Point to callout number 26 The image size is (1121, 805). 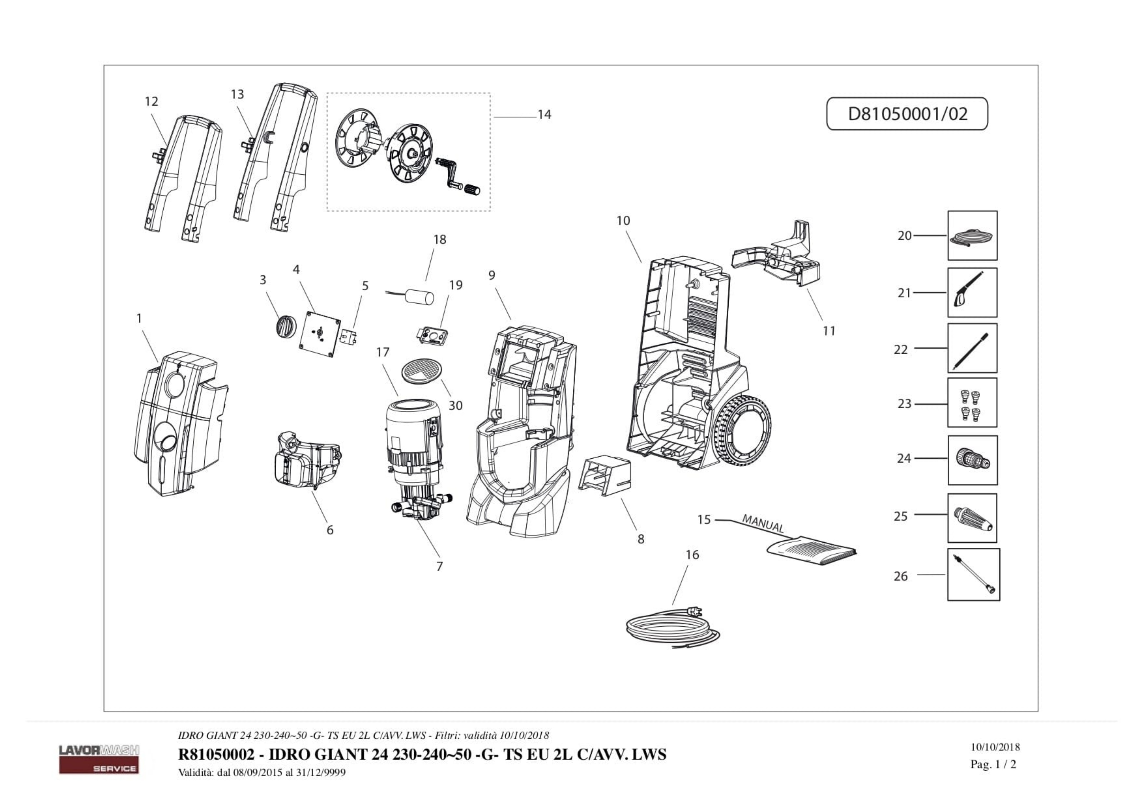coord(901,576)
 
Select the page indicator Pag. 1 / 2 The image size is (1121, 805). coord(993,764)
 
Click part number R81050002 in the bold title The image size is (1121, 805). coord(216,755)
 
